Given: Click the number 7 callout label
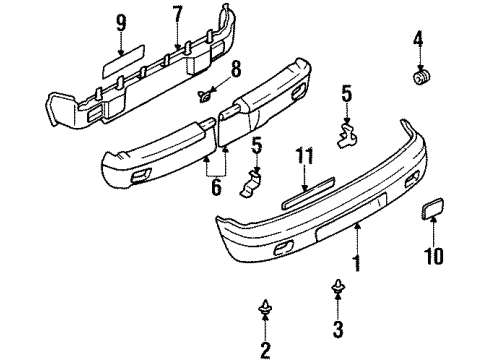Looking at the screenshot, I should coord(177,16).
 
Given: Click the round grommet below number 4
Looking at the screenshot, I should coord(420,76).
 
